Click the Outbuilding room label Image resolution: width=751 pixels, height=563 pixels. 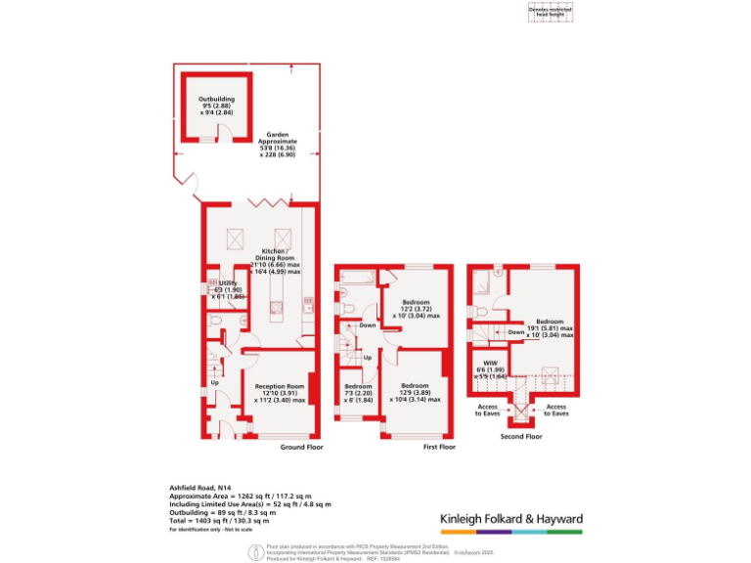[x=216, y=106]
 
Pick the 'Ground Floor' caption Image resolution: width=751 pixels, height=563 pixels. [x=301, y=447]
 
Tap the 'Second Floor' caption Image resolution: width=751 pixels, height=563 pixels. [x=521, y=436]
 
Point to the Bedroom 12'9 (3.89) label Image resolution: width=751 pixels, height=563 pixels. [x=415, y=392]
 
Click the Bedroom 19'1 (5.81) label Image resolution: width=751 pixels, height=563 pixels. [x=549, y=327]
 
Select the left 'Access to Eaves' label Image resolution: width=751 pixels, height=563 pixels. [x=489, y=409]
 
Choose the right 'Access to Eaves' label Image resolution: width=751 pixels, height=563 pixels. [x=555, y=409]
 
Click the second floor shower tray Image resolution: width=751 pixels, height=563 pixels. [x=483, y=284]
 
